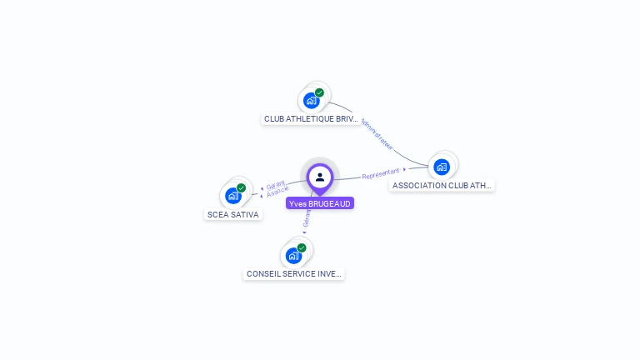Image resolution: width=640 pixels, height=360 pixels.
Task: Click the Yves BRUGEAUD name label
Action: tap(320, 203)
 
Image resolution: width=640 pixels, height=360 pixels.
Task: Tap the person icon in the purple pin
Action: tap(320, 177)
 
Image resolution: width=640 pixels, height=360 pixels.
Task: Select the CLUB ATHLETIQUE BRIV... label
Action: tap(311, 119)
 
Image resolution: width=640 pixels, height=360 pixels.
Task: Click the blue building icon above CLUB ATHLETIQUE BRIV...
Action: tap(311, 101)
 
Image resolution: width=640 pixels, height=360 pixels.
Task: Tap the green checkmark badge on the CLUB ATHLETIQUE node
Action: tap(319, 92)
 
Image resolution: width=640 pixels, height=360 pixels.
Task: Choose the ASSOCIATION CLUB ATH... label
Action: tap(442, 185)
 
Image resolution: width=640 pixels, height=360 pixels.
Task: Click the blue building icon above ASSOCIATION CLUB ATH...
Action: tap(442, 167)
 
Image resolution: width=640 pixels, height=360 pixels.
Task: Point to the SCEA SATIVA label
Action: tap(232, 214)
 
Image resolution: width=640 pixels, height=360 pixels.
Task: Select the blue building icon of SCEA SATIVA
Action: tap(232, 196)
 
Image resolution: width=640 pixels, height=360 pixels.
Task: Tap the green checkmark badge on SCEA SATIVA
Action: tap(241, 188)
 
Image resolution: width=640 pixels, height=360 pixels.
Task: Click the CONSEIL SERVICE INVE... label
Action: tap(293, 273)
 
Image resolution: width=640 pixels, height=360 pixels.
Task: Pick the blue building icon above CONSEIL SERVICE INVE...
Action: tap(293, 255)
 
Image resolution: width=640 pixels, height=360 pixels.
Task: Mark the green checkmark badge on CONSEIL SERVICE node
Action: tap(302, 247)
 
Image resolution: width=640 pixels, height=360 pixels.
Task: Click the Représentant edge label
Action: tap(381, 173)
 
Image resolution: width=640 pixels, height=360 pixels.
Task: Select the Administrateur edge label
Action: tap(377, 133)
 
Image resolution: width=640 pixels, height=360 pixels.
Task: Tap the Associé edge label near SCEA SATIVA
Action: tap(277, 192)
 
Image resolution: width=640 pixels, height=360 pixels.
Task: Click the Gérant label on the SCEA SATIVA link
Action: tap(276, 183)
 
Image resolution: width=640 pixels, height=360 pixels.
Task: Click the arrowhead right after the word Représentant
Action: tap(405, 169)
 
